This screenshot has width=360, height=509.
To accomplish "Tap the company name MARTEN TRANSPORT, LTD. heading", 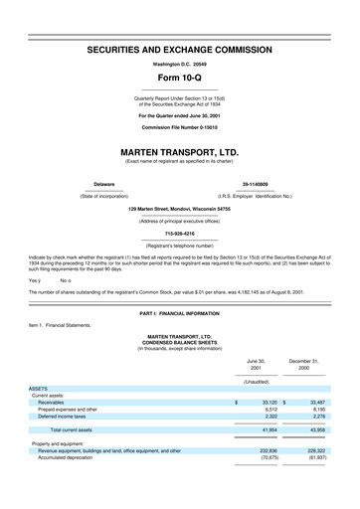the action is (x=179, y=152).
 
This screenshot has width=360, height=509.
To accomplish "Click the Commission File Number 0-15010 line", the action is (x=179, y=128).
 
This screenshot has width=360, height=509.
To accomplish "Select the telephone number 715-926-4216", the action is (x=179, y=234).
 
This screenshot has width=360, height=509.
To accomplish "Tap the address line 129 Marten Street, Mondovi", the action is (x=179, y=209).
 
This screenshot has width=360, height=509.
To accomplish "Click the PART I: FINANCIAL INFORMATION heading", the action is (x=179, y=314).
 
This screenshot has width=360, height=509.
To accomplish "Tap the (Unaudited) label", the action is (x=256, y=382).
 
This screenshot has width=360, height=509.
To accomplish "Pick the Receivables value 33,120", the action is (x=266, y=402).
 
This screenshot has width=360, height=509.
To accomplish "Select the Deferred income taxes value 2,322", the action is (x=268, y=416).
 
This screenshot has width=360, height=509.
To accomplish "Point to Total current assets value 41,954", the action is (x=266, y=428).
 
